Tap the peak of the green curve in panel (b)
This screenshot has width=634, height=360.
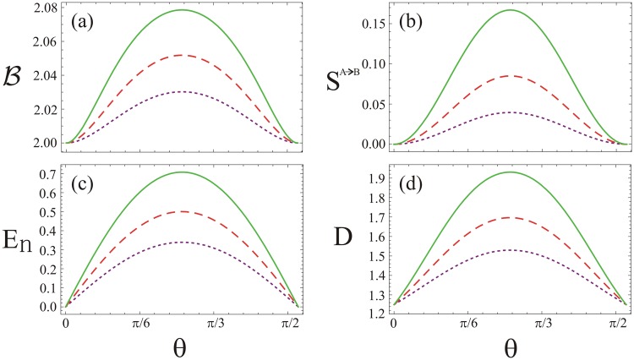click(510, 10)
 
